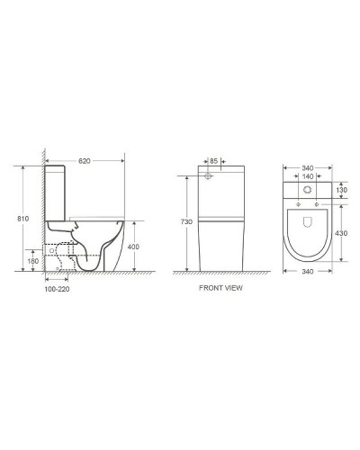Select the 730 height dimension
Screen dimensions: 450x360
tap(185, 221)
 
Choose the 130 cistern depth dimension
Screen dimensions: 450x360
tap(341, 192)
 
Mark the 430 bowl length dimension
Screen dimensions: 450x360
tap(341, 234)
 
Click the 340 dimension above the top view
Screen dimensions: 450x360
tap(308, 166)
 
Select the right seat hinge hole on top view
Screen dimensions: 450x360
tap(321, 206)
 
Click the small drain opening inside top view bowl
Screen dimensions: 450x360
tap(308, 219)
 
